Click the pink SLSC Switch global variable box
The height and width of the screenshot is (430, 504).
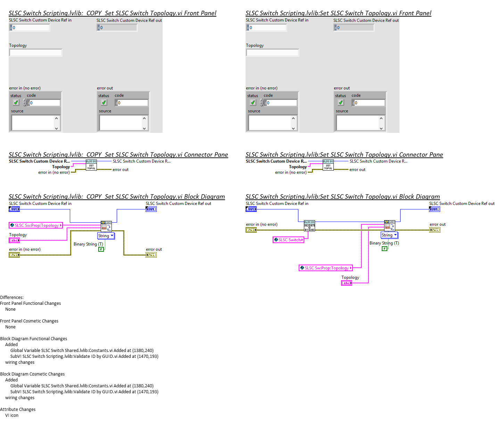point(289,240)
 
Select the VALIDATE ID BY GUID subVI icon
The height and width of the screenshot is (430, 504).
point(309,226)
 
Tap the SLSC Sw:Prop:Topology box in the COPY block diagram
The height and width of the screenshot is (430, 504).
point(36,225)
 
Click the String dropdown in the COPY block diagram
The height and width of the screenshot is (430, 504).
point(106,236)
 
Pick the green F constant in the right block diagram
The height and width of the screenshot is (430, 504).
point(385,249)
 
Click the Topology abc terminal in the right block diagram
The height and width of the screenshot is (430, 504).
point(347,283)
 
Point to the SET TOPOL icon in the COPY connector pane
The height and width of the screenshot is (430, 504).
point(91,165)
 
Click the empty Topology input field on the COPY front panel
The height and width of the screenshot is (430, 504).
point(35,53)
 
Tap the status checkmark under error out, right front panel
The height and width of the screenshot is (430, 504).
point(341,103)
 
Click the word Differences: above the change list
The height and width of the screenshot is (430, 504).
point(12,298)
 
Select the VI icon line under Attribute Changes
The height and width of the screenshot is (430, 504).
point(12,415)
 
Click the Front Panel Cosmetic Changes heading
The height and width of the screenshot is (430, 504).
point(29,321)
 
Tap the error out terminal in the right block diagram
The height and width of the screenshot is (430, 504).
point(435,230)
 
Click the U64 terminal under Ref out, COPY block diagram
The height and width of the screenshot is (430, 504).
point(151,209)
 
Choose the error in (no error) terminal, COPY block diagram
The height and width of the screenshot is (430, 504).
point(14,255)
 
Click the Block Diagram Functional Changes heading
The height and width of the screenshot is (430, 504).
point(34,339)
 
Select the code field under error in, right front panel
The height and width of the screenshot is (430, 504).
point(281,103)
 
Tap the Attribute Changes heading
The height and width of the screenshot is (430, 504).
point(18,410)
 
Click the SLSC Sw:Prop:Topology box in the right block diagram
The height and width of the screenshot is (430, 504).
point(326,268)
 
